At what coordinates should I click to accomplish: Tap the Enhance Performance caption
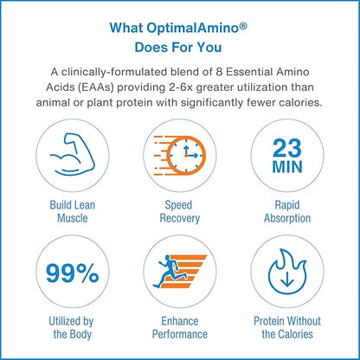tap(180, 327)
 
